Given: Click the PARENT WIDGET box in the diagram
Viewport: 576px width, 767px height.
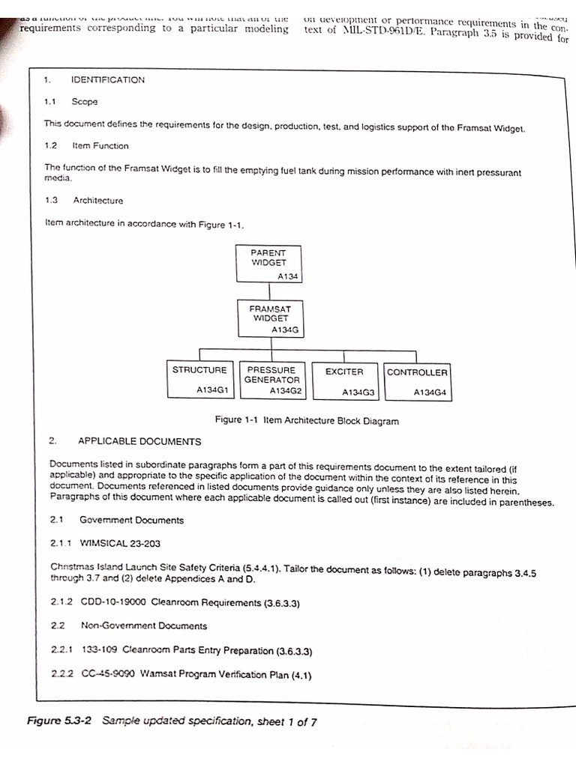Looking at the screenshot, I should click(x=268, y=264).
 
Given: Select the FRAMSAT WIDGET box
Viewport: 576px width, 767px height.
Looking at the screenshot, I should click(x=270, y=318).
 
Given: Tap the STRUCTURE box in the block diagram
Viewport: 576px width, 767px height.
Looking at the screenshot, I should click(x=199, y=380).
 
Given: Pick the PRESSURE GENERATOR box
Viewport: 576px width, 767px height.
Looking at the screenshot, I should click(x=272, y=380).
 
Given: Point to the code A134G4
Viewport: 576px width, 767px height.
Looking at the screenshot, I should click(x=430, y=392).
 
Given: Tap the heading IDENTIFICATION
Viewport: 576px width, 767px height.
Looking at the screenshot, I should click(x=107, y=80).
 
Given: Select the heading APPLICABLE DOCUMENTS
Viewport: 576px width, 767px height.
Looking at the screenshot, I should click(x=139, y=442).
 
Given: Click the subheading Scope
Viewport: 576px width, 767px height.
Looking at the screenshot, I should click(x=85, y=101).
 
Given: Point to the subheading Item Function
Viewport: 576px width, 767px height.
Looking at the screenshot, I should click(x=100, y=146).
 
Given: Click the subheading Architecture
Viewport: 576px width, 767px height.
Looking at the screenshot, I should click(x=97, y=201).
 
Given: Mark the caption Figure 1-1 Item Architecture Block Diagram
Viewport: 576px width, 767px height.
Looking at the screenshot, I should click(x=307, y=421).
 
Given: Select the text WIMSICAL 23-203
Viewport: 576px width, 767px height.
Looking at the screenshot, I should click(x=120, y=543).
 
